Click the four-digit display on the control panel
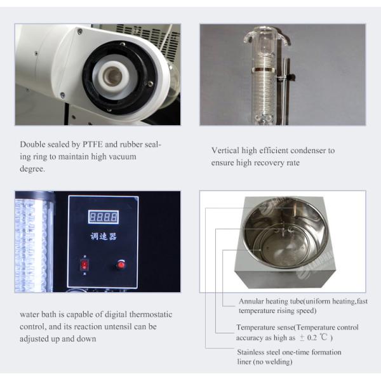pos(104,217)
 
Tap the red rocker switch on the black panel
pos(84,265)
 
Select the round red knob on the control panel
pos(121,264)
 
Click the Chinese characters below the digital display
pos(104,236)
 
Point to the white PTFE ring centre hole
pos(112,77)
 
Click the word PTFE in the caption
pos(93,144)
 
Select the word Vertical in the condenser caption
pos(225,150)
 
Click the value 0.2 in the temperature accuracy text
pos(312,338)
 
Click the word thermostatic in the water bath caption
pos(150,314)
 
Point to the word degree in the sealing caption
pos(31,169)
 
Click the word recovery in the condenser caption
pos(268,163)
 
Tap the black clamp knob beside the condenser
pos(292,77)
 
